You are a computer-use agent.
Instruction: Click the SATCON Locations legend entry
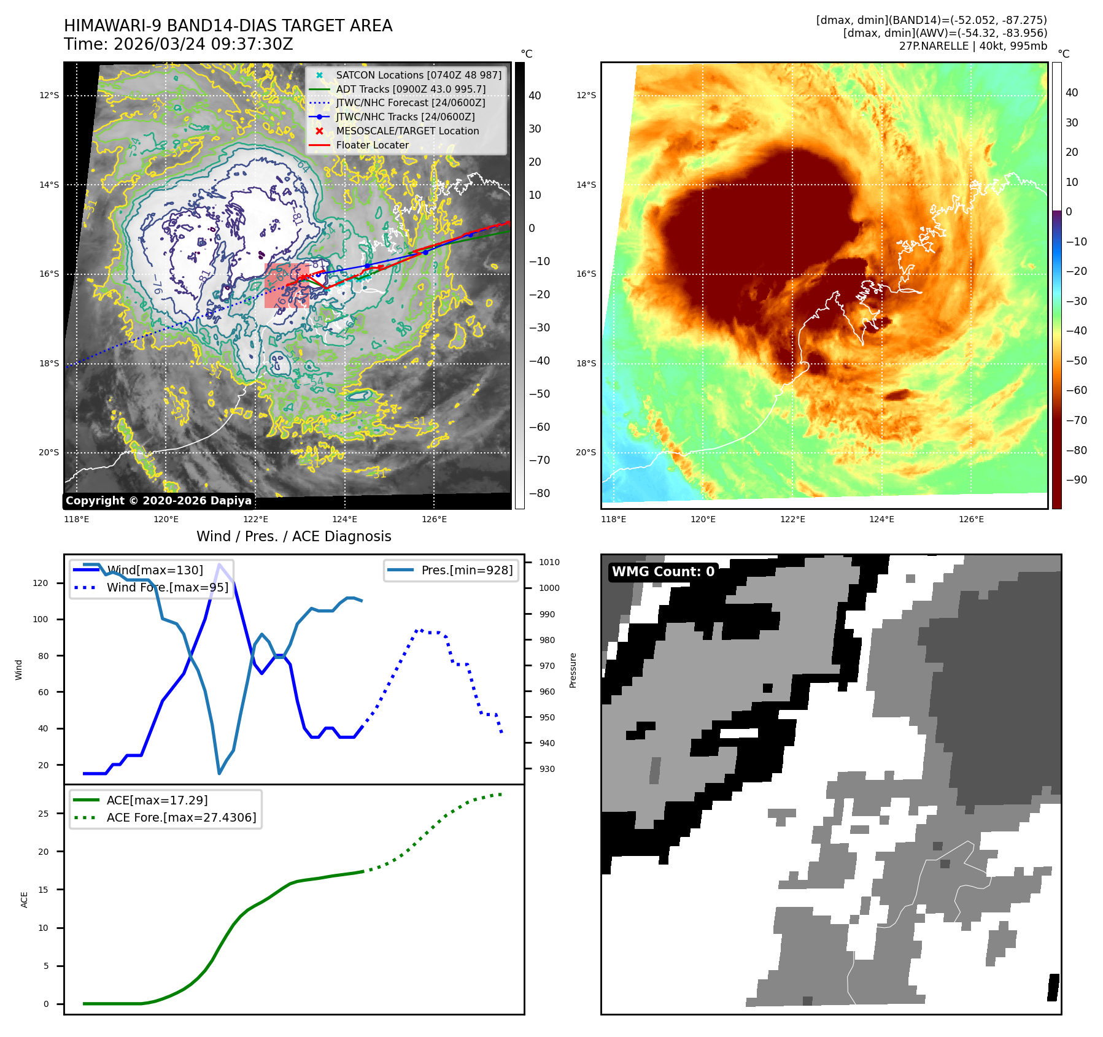pos(418,75)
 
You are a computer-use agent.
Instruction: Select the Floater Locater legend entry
pos(372,145)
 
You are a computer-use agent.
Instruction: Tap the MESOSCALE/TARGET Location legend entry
pos(407,131)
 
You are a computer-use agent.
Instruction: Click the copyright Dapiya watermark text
pos(158,501)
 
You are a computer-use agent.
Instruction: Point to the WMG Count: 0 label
pos(663,571)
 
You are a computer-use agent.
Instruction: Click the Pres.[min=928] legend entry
pos(466,570)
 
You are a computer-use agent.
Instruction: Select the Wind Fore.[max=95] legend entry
pos(167,587)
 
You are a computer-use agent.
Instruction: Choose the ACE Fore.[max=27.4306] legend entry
pos(181,817)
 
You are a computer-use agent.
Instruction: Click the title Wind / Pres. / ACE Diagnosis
pos(293,536)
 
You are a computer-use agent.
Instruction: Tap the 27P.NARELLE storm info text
pos(973,46)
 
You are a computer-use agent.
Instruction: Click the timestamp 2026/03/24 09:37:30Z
pos(203,45)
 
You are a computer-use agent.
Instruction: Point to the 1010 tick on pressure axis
pos(549,562)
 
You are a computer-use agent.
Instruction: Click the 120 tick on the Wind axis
pos(41,583)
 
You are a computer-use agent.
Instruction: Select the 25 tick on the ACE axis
pos(43,814)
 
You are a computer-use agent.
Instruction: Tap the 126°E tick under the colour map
pos(971,519)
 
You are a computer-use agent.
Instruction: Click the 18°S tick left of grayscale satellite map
pos(49,363)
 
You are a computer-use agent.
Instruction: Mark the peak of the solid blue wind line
pos(219,564)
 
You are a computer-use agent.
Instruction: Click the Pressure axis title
pos(573,670)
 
